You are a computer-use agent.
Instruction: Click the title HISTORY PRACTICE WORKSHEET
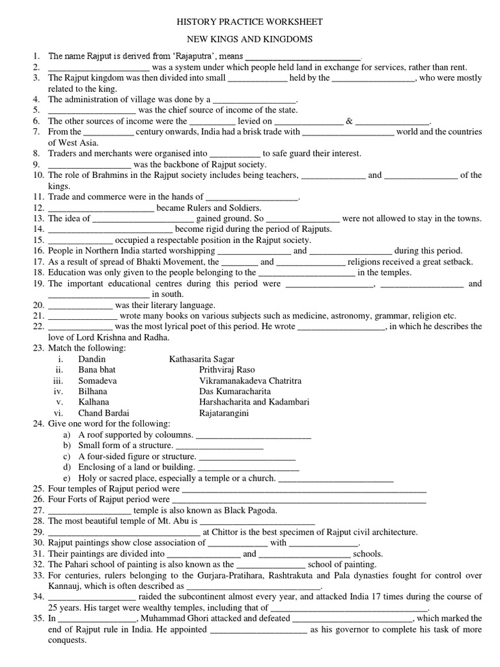coord(250,22)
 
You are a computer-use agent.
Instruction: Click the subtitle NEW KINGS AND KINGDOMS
coord(250,39)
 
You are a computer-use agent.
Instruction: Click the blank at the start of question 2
coord(99,67)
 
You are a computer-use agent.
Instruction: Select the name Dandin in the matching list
coord(92,359)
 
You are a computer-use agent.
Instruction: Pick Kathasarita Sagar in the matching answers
coord(202,359)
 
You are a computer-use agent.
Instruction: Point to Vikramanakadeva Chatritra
coord(251,380)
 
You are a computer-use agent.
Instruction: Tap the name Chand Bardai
coord(104,413)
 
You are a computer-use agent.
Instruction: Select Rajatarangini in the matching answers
coord(225,413)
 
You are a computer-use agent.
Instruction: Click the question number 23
coord(36,348)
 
